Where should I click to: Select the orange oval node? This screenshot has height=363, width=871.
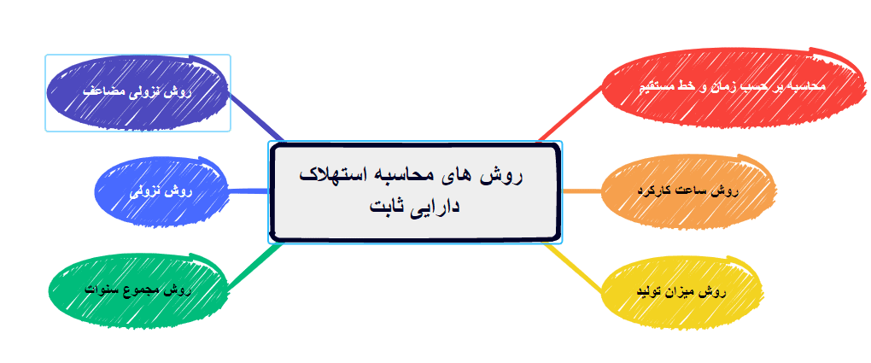click(x=690, y=190)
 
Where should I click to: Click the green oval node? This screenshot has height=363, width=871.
click(x=138, y=290)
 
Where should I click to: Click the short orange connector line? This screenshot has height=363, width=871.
click(x=582, y=190)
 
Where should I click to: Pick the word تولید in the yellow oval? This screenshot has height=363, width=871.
click(x=648, y=292)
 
